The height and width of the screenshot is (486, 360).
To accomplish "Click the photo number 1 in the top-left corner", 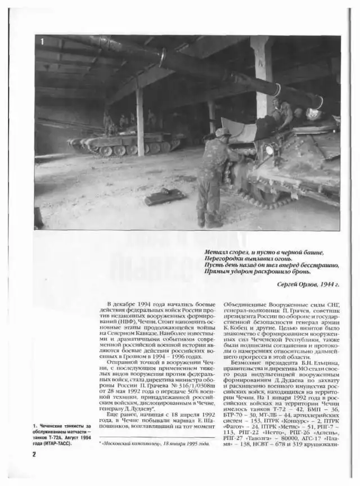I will (42, 42).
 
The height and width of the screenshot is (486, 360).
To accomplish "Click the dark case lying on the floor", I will (164, 196).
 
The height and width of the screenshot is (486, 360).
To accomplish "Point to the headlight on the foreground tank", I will (270, 150).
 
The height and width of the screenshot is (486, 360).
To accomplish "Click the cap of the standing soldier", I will (223, 132).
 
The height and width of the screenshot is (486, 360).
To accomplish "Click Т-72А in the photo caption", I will (63, 437).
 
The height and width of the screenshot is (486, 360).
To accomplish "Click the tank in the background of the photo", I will (121, 143).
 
